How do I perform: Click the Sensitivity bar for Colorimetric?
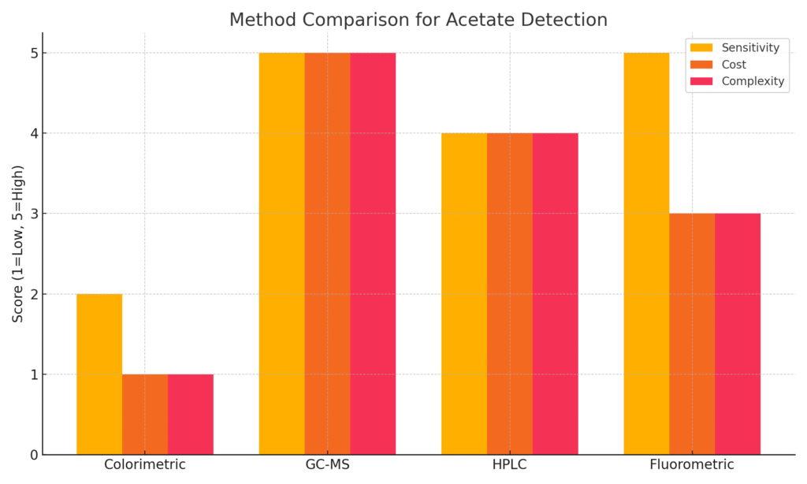[x=99, y=374]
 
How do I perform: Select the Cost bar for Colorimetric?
[x=145, y=415]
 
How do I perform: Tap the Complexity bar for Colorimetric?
[x=191, y=415]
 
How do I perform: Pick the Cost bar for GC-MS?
[x=327, y=254]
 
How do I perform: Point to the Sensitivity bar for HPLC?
[x=464, y=294]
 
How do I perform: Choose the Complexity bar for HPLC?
[x=556, y=294]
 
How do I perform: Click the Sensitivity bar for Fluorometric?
[x=646, y=254]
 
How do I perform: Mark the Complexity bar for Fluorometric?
[x=738, y=334]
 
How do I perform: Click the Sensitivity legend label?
[x=750, y=48]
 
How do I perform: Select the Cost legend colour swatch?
[x=701, y=65]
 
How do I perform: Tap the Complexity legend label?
[x=753, y=81]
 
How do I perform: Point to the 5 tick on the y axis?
[x=41, y=53]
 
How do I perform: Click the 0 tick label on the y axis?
[x=34, y=455]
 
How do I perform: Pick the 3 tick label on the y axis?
[x=34, y=214]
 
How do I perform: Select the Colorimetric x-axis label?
[x=145, y=464]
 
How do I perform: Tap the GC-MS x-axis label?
[x=327, y=464]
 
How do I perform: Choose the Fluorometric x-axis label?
[x=692, y=464]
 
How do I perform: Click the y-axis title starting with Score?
[x=18, y=244]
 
